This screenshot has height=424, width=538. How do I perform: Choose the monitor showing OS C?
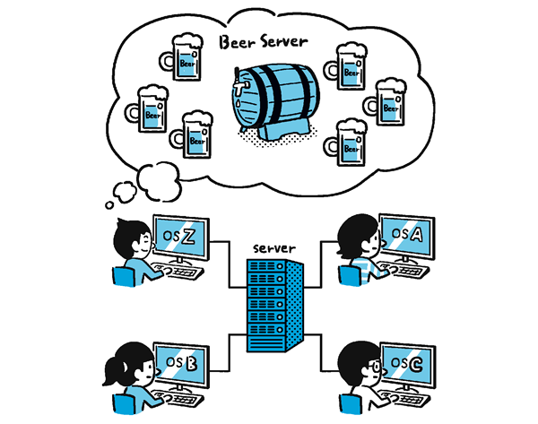[407, 364]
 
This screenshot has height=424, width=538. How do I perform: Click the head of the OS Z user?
[131, 238]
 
